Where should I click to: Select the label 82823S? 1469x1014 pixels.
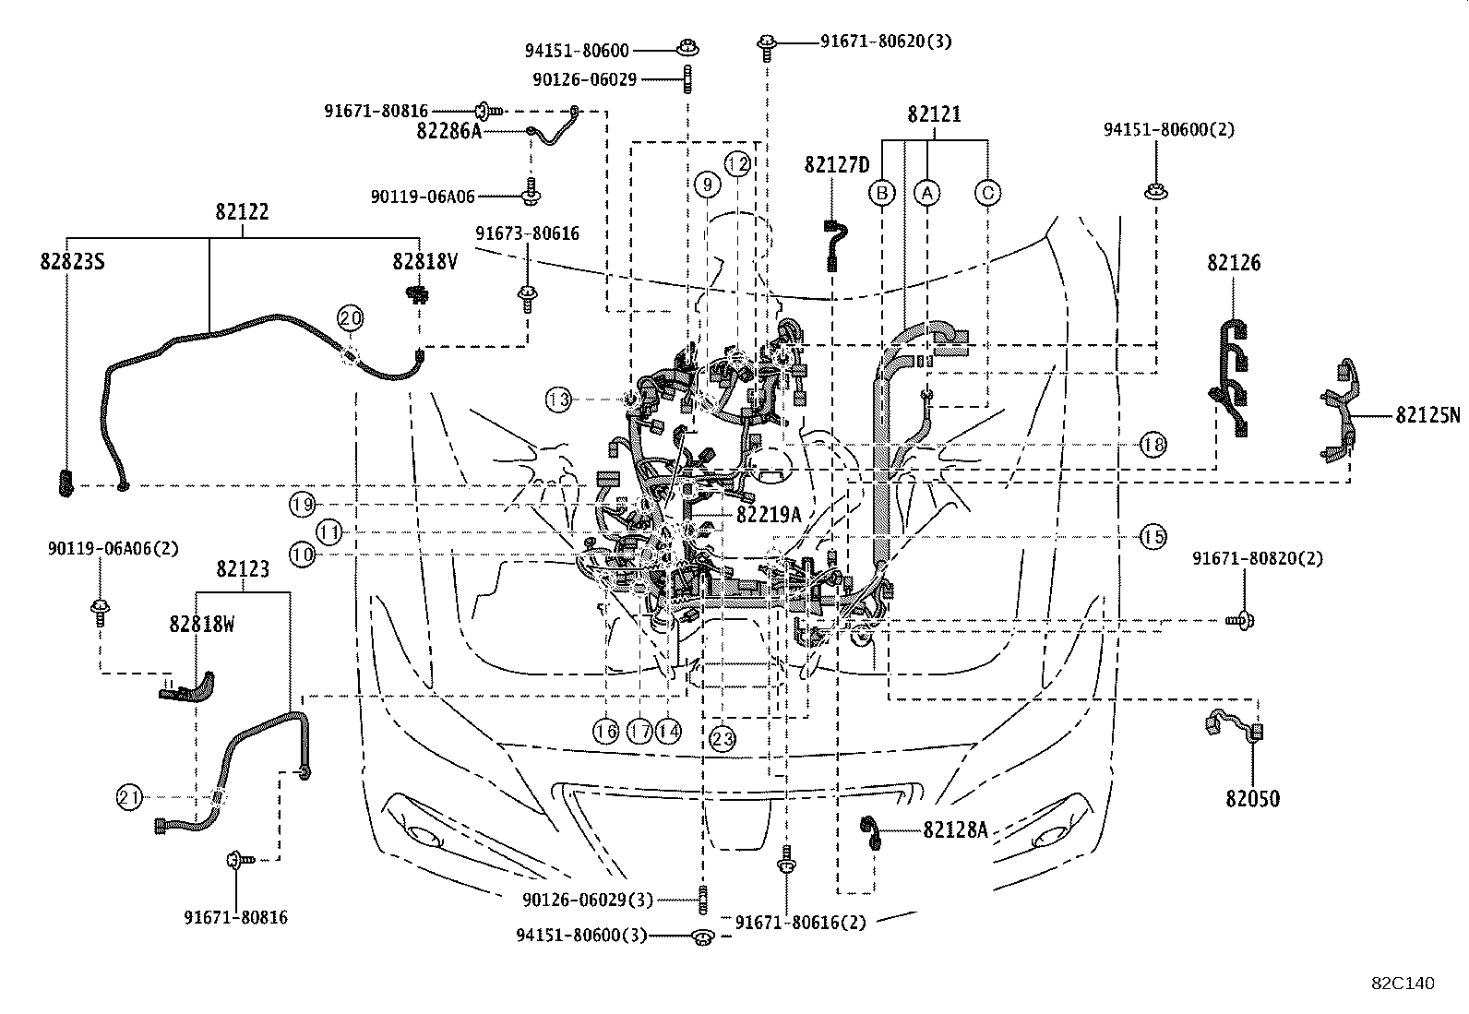[x=72, y=262]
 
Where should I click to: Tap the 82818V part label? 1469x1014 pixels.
[x=424, y=262]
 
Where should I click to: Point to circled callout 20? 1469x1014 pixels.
[x=351, y=318]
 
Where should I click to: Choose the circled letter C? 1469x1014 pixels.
[x=987, y=193]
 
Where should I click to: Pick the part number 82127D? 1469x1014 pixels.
[x=837, y=165]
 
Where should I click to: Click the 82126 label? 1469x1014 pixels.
[x=1234, y=263]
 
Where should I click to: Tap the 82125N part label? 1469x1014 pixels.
[x=1428, y=415]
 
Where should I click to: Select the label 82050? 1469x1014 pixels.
[x=1253, y=799]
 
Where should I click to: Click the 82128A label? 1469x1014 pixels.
[x=955, y=830]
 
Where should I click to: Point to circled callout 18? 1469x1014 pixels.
[x=1153, y=445]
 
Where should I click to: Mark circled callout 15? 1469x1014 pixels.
[x=1153, y=536]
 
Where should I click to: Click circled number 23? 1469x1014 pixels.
[x=723, y=738]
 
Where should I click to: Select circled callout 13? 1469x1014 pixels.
[x=558, y=400]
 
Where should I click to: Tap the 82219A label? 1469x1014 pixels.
[x=769, y=515]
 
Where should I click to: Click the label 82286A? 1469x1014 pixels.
[x=449, y=131]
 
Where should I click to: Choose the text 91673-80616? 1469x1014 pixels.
[x=528, y=233]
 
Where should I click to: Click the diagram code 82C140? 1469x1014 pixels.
[x=1402, y=984]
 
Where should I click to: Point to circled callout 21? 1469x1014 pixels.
[x=130, y=797]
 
